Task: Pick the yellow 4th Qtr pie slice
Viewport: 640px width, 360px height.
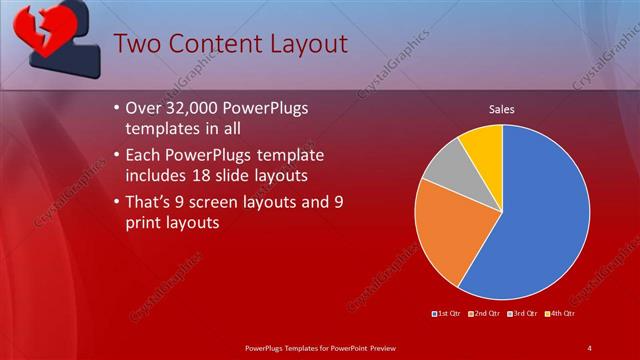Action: [x=483, y=144]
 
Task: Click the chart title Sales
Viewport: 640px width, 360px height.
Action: [x=501, y=109]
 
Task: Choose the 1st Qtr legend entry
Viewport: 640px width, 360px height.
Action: [x=446, y=314]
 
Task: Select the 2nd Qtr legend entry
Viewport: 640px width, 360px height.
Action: [x=485, y=314]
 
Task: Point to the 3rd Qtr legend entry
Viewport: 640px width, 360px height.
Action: [x=524, y=314]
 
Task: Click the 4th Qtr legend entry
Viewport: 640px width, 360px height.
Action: [x=561, y=314]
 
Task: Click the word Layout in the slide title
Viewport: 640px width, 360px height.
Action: [x=306, y=45]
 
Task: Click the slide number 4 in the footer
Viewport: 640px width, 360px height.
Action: [x=590, y=347]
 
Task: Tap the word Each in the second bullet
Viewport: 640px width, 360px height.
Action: [x=147, y=156]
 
